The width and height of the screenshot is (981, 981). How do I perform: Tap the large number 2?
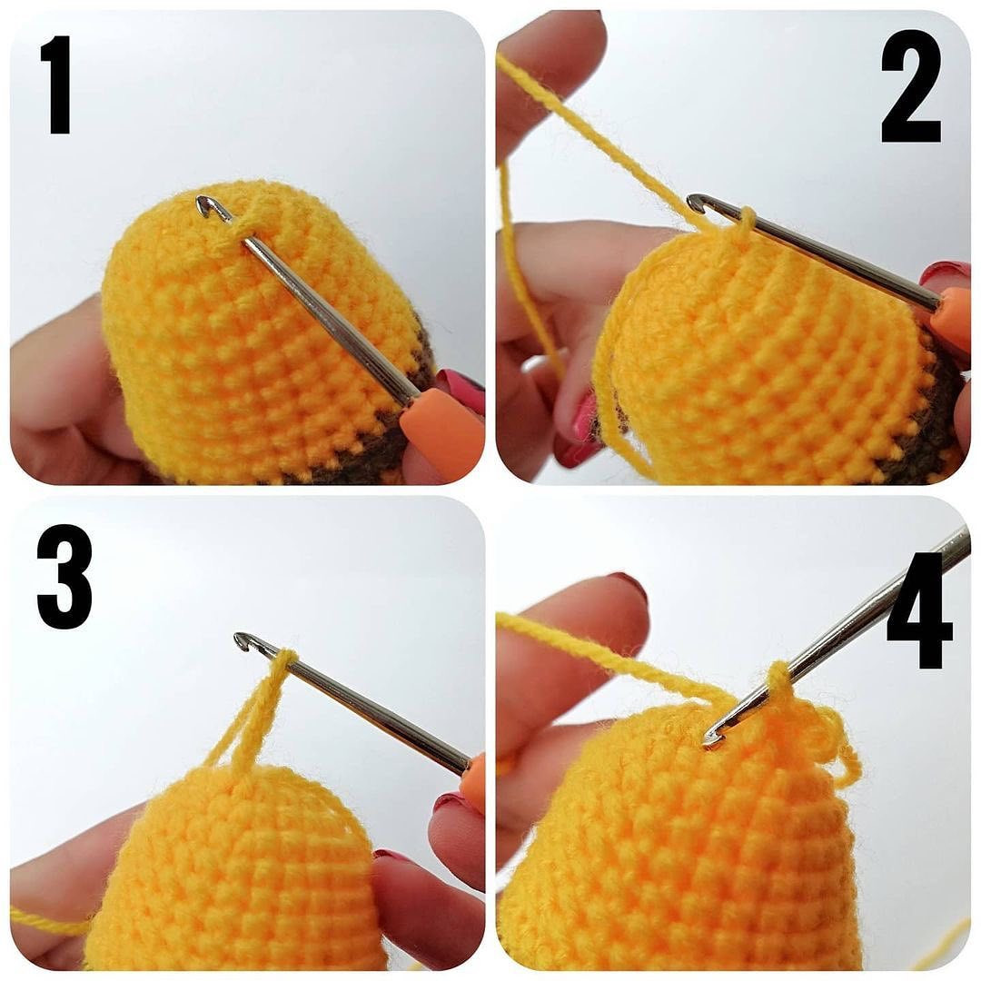[910, 87]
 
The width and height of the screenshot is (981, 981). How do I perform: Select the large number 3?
[64, 576]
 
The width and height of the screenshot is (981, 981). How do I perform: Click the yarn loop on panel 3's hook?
[285, 661]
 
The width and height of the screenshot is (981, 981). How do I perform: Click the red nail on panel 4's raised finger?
[627, 583]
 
